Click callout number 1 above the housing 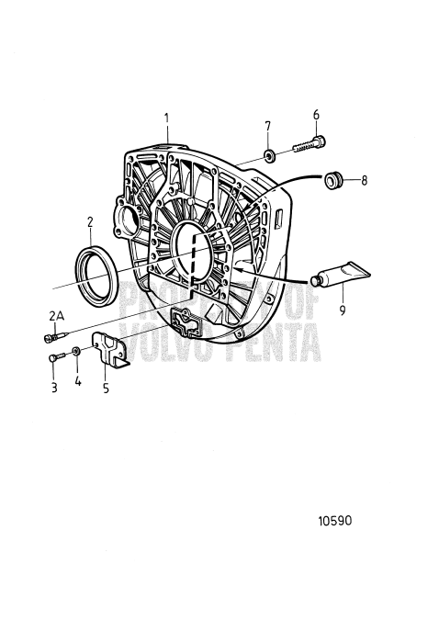(166, 118)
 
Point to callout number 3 (54, 389)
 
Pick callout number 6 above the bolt (316, 114)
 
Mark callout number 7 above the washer (267, 125)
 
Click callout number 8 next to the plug (364, 181)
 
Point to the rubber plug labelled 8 (333, 179)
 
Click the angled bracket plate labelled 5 (110, 350)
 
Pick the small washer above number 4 (77, 352)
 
